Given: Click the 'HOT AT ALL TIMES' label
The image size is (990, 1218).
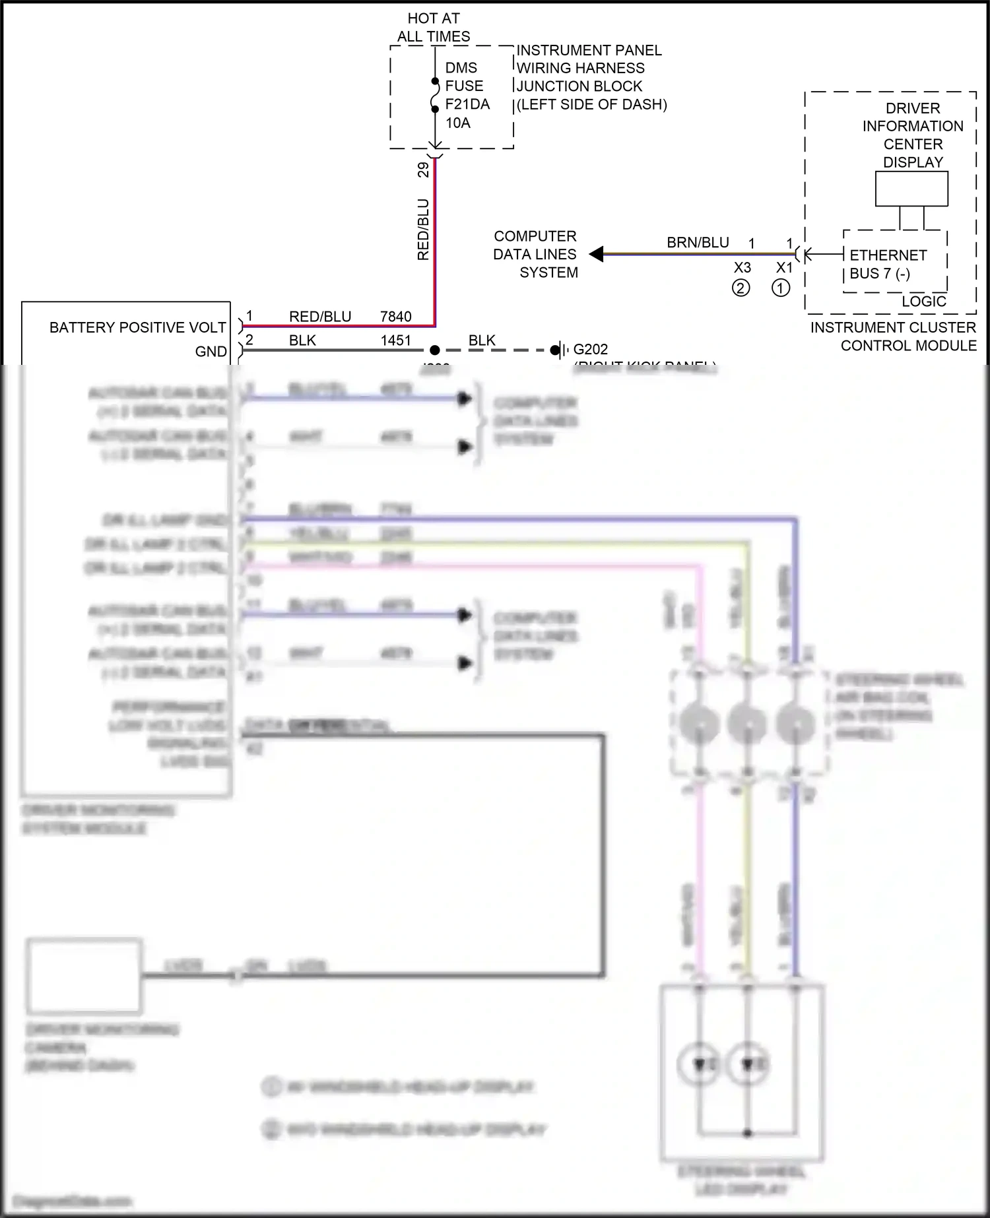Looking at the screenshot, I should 434,28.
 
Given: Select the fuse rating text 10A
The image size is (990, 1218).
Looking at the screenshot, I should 457,123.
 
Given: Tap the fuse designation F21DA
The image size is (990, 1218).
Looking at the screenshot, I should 467,104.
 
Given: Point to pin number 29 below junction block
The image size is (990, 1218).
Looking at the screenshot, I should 423,170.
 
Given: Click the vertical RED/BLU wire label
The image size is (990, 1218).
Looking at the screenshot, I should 423,229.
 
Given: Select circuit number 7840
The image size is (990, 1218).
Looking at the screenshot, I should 395,317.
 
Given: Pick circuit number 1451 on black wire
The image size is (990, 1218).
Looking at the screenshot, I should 395,340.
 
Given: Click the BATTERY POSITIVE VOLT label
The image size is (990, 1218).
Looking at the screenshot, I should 137,327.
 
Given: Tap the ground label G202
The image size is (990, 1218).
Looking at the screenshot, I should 590,350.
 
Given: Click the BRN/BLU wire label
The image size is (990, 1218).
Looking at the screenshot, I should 697,243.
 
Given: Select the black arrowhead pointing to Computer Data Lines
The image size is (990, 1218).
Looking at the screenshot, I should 596,254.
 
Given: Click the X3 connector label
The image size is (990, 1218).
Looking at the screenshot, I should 742,268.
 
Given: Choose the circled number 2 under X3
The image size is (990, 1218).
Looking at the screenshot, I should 741,288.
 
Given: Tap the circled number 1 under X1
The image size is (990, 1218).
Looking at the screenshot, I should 781,288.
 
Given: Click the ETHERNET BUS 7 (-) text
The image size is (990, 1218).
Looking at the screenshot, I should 887,264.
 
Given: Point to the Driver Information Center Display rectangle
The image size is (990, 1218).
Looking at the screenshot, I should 911,189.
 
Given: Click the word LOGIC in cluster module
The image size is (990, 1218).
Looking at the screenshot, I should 923,302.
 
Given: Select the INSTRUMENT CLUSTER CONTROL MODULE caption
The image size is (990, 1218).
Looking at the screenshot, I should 893,337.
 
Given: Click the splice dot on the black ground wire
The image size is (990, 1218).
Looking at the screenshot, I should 434,350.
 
